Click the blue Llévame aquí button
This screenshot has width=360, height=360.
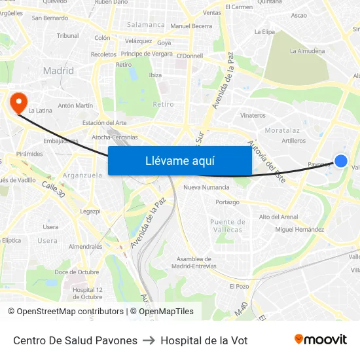coord(179,161)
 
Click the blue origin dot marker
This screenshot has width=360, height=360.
coord(341,160)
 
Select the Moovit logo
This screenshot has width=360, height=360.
coord(320,340)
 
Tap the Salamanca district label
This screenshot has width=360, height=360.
coord(146,25)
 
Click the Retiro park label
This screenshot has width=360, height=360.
coord(163,104)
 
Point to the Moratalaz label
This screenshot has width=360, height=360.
coord(282,131)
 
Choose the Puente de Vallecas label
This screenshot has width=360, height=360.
coord(226,226)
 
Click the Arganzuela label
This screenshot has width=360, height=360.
coord(82,175)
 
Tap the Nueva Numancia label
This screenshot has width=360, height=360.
coord(206,187)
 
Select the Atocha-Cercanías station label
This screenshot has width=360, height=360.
coord(115,137)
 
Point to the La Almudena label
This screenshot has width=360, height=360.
coord(307,50)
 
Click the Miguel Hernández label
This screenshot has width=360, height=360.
coord(299,230)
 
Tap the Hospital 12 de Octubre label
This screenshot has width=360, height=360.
coord(87,293)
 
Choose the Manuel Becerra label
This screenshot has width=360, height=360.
coord(191,26)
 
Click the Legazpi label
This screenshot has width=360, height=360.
coord(90,211)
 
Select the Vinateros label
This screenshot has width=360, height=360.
coord(253,115)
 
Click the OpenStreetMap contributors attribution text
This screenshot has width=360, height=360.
coord(70,312)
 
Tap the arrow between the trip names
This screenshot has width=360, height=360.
coord(149,340)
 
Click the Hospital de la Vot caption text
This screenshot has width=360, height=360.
coord(204,340)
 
